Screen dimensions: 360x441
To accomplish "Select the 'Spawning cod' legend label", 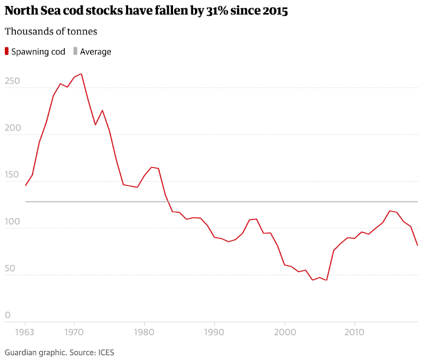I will [39, 52].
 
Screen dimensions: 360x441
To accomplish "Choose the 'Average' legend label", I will [95, 52].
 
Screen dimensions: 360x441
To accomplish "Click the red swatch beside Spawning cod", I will [8, 52].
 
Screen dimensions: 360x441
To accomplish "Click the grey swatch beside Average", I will [76, 52].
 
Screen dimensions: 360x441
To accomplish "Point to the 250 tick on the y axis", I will [12, 82].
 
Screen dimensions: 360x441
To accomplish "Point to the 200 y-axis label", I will [12, 129].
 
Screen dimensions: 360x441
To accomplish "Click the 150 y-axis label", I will [12, 176].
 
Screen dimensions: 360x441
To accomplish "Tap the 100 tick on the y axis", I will [12, 222].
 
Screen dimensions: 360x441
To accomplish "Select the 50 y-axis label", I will [10, 269].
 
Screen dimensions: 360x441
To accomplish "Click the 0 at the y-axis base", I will [8, 316].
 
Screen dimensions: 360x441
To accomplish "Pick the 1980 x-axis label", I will [144, 332].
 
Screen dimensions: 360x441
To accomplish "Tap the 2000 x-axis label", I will [284, 332].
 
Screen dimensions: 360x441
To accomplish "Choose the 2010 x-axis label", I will [354, 332].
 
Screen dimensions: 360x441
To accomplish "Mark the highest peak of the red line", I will [81, 74].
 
